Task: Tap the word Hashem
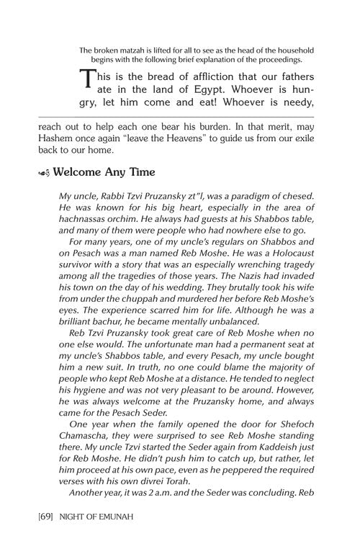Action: (58, 138)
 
